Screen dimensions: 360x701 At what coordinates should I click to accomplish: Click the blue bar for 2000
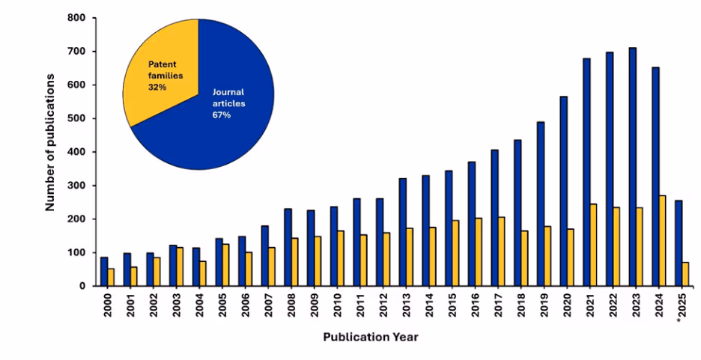(x=104, y=272)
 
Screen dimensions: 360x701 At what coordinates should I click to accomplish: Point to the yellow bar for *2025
(x=685, y=274)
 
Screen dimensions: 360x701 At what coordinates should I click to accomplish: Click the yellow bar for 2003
(x=180, y=266)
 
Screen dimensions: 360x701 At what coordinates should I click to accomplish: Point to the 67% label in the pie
(x=221, y=115)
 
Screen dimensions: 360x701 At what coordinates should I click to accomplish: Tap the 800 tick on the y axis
(x=75, y=18)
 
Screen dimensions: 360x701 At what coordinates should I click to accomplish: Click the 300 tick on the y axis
(x=75, y=186)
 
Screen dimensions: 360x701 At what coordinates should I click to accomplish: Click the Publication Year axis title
(x=371, y=338)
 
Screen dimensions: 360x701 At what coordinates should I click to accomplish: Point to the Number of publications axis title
(x=50, y=142)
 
